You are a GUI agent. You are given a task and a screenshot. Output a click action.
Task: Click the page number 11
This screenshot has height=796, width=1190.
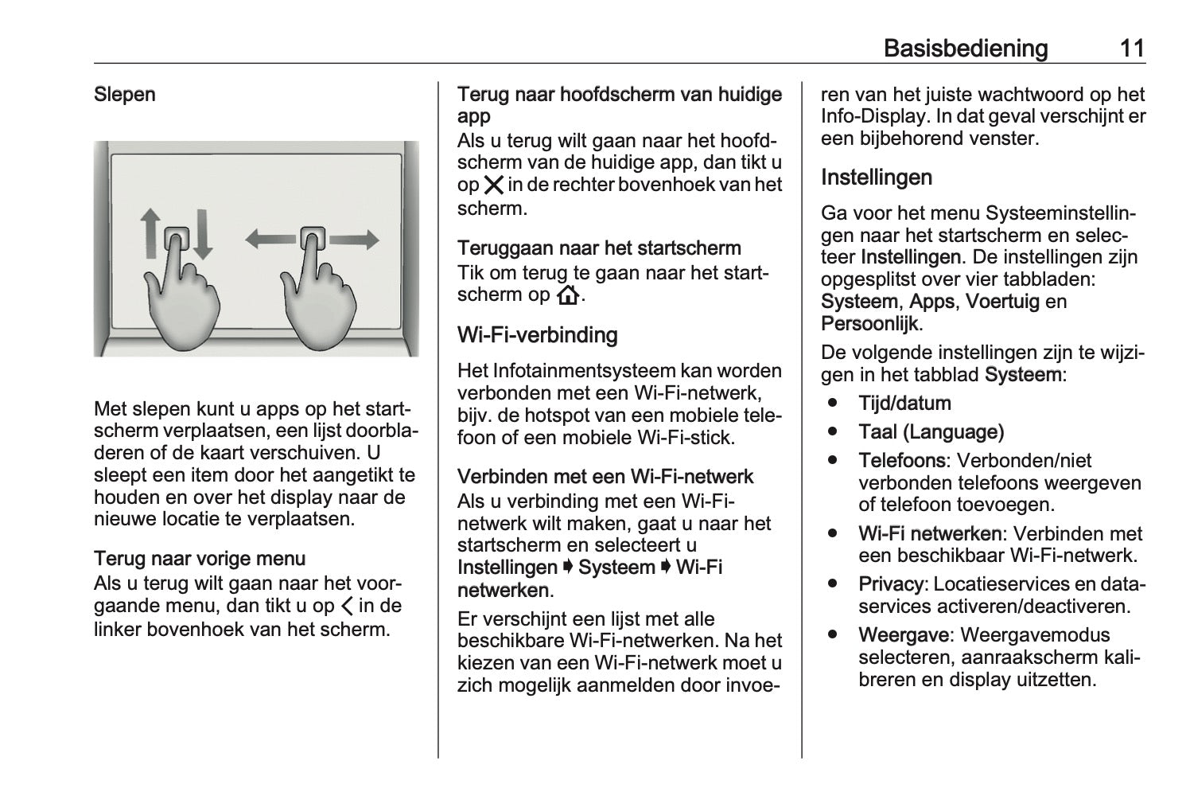click(1132, 49)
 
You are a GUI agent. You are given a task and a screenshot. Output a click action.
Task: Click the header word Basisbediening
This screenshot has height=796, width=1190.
click(966, 49)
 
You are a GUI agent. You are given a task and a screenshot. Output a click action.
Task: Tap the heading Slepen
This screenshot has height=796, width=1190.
click(125, 94)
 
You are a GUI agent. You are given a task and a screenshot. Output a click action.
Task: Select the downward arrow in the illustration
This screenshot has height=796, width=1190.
click(203, 232)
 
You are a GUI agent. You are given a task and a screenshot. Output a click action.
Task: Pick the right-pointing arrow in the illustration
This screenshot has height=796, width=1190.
click(353, 238)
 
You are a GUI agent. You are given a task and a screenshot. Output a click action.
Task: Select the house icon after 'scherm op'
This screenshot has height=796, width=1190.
click(568, 296)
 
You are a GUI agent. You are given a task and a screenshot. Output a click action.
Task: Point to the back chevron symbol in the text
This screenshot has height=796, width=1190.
click(347, 607)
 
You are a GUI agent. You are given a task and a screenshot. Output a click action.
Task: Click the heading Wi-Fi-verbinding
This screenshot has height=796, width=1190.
click(537, 335)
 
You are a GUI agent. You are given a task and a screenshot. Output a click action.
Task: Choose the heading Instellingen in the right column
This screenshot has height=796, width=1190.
click(876, 177)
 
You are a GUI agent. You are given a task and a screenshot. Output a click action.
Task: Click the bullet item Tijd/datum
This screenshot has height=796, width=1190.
click(904, 404)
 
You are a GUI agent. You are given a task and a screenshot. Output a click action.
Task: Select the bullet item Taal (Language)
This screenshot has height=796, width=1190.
click(931, 432)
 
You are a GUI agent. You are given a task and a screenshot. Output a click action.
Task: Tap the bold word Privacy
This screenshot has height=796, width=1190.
click(890, 584)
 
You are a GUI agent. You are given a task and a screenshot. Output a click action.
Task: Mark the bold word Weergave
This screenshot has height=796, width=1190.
click(903, 635)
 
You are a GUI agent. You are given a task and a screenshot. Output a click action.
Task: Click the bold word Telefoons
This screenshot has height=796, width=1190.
click(901, 461)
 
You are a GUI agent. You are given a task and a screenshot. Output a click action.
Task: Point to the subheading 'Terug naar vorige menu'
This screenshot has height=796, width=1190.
click(200, 559)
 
